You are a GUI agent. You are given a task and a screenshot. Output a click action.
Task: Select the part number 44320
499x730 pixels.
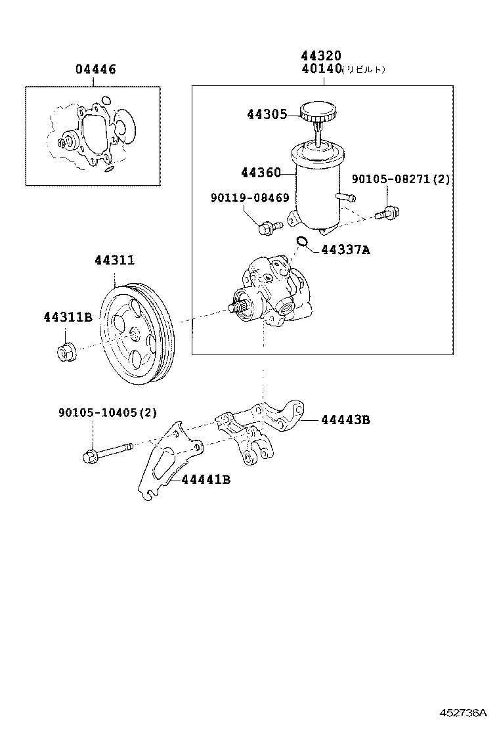tap(321, 56)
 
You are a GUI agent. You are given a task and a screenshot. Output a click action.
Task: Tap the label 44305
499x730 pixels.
tap(267, 114)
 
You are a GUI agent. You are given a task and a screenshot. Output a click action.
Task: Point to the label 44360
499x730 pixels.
tap(260, 173)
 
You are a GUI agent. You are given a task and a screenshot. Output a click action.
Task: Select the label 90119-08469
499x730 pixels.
tap(249, 198)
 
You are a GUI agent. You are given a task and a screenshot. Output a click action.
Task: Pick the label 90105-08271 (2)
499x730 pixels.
tap(401, 179)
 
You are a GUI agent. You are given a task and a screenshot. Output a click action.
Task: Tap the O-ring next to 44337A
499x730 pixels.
tap(301, 242)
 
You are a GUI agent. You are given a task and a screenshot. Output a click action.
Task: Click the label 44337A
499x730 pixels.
tap(345, 250)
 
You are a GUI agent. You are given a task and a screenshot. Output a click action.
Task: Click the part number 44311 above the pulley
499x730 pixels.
tap(114, 261)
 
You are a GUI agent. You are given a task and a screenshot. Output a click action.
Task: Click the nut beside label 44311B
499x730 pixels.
tap(66, 352)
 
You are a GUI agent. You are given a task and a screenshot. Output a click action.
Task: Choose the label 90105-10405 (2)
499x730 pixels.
tap(108, 413)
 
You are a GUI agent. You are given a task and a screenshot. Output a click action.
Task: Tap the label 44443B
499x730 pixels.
tap(345, 419)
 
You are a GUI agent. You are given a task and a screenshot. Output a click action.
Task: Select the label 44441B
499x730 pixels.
tap(206, 480)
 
